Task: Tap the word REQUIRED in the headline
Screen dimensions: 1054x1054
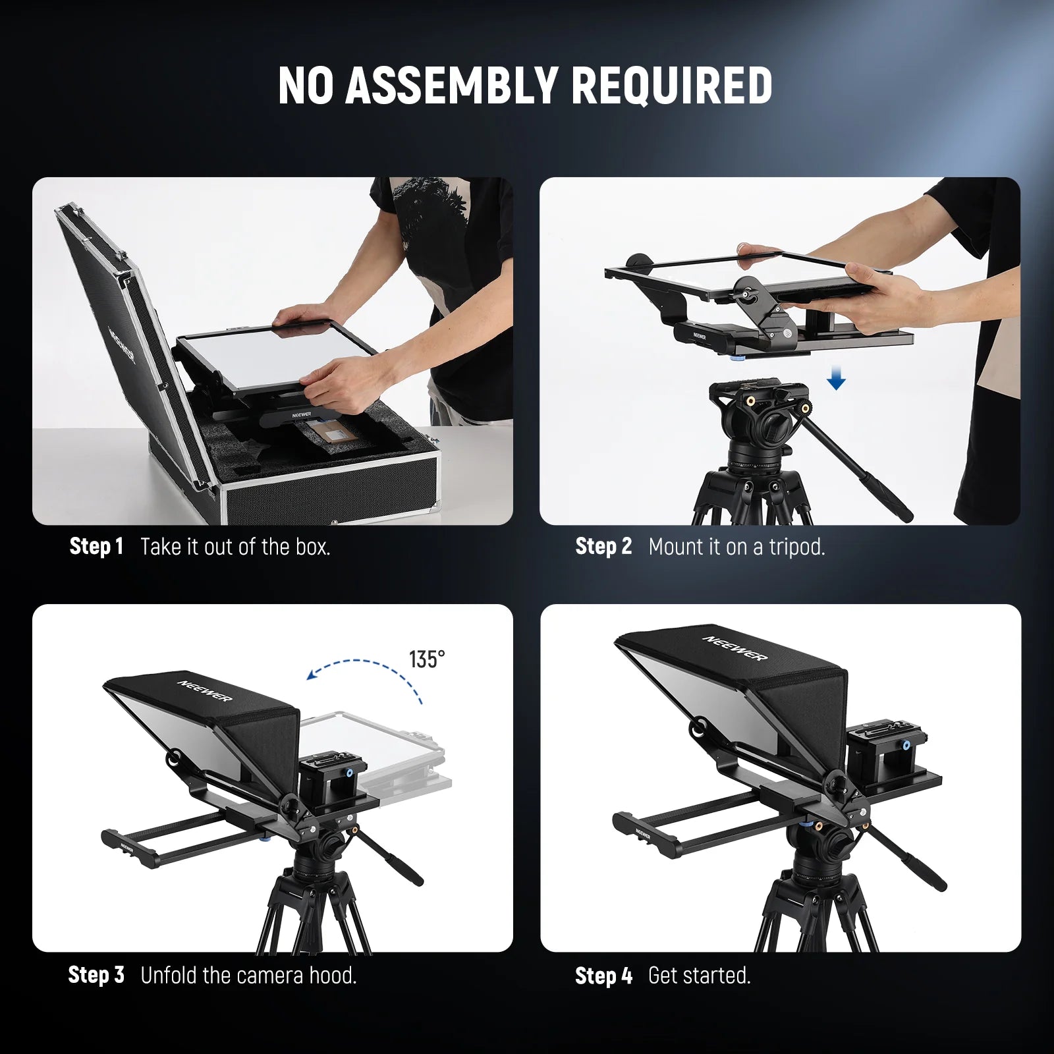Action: click(x=672, y=85)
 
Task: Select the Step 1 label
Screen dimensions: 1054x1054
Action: click(x=96, y=546)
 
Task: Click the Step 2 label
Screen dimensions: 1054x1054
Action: click(x=603, y=546)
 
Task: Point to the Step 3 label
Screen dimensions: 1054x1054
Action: click(x=96, y=975)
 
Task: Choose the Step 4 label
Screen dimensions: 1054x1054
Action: click(x=603, y=976)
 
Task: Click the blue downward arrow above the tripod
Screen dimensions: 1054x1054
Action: click(x=836, y=379)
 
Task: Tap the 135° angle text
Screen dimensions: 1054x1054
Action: click(x=427, y=659)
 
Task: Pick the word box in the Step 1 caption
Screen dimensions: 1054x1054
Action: click(x=311, y=547)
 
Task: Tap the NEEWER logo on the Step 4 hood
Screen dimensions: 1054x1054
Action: click(x=735, y=648)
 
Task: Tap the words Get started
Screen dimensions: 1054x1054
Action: click(x=700, y=976)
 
